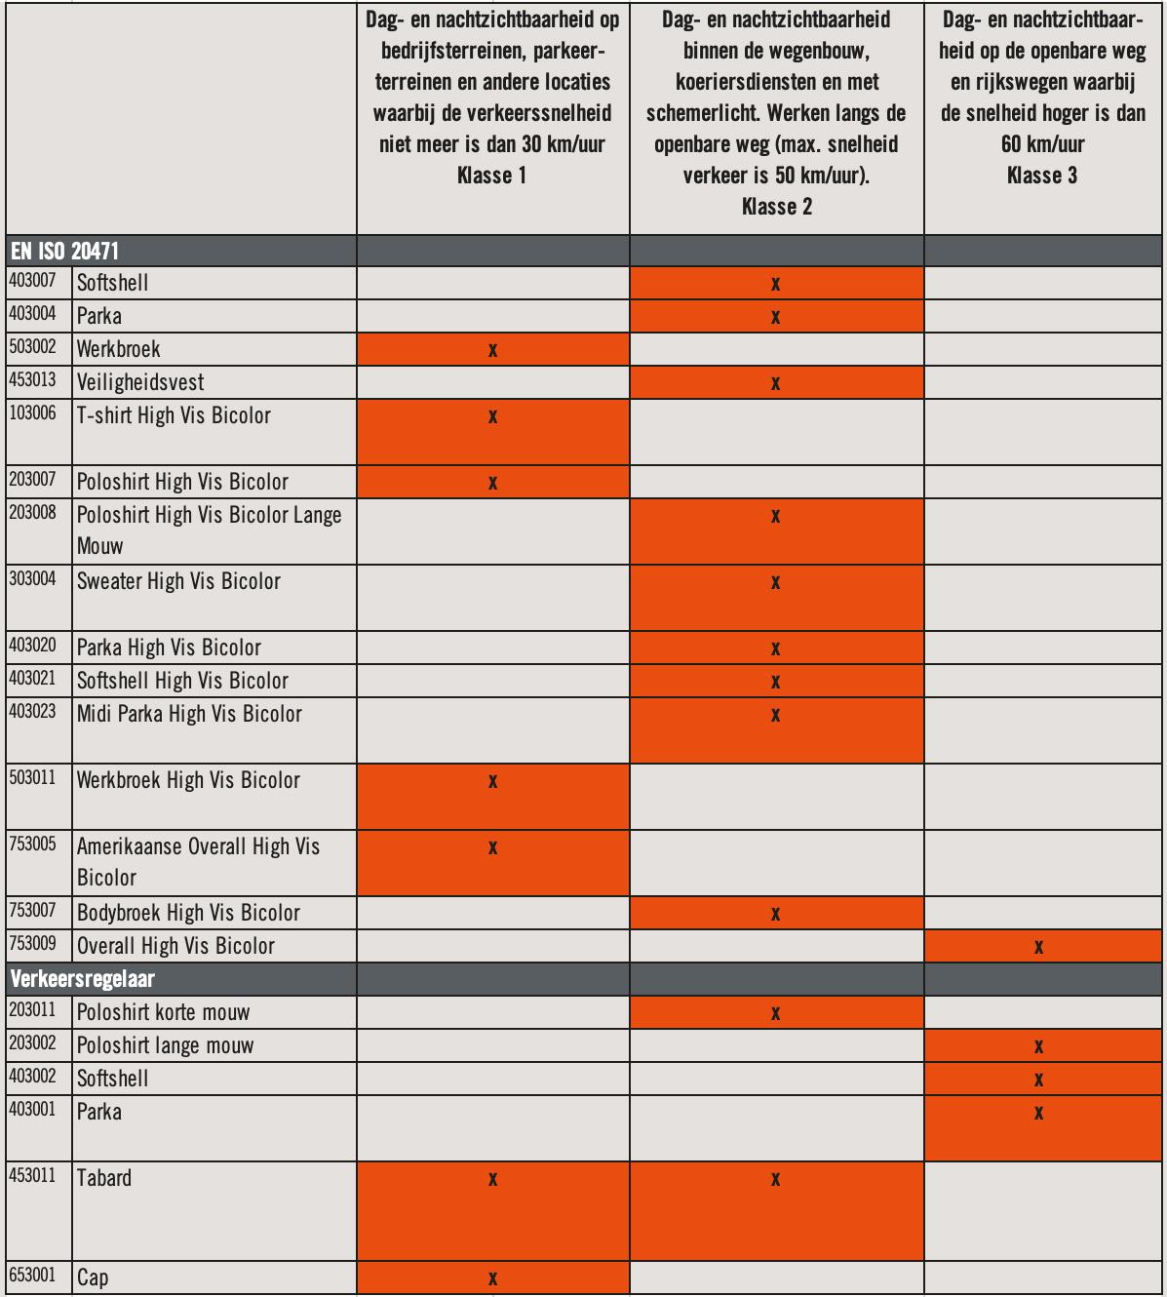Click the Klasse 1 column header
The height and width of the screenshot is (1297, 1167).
point(492,98)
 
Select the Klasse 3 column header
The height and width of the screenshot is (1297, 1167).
point(1042,98)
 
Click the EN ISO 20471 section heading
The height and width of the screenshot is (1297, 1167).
point(64,251)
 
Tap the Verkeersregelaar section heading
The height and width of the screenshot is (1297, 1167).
point(82,979)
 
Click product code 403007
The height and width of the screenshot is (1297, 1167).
point(33,282)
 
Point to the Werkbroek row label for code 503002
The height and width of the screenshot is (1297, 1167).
point(118,349)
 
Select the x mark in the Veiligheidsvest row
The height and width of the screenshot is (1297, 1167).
point(775,383)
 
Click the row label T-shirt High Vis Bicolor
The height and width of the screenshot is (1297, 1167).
point(174,416)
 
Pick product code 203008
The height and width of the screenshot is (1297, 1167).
point(33,513)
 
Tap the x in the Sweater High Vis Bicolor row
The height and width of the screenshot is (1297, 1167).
point(775,583)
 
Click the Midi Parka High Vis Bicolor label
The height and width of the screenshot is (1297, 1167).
point(189,714)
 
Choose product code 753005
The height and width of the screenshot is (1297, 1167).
point(33,845)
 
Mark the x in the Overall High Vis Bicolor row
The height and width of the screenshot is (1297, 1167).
point(1039,947)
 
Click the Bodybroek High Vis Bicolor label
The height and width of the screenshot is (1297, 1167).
point(188,913)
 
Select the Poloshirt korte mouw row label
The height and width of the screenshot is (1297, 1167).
point(164,1012)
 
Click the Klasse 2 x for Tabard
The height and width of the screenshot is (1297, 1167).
point(775,1180)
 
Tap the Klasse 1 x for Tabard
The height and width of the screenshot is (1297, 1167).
point(492,1180)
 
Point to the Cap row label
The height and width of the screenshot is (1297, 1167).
point(93,1277)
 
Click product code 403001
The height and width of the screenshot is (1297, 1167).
point(33,1110)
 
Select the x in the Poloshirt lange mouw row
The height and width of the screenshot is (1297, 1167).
point(1039,1047)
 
